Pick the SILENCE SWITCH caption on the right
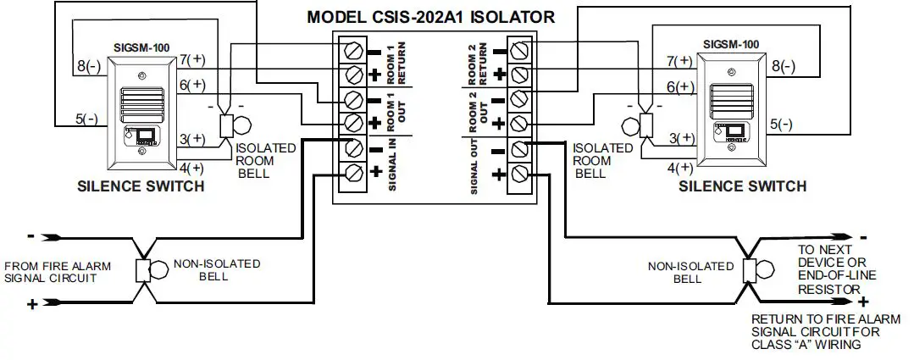[x=742, y=186]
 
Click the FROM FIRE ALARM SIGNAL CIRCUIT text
[x=58, y=272]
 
